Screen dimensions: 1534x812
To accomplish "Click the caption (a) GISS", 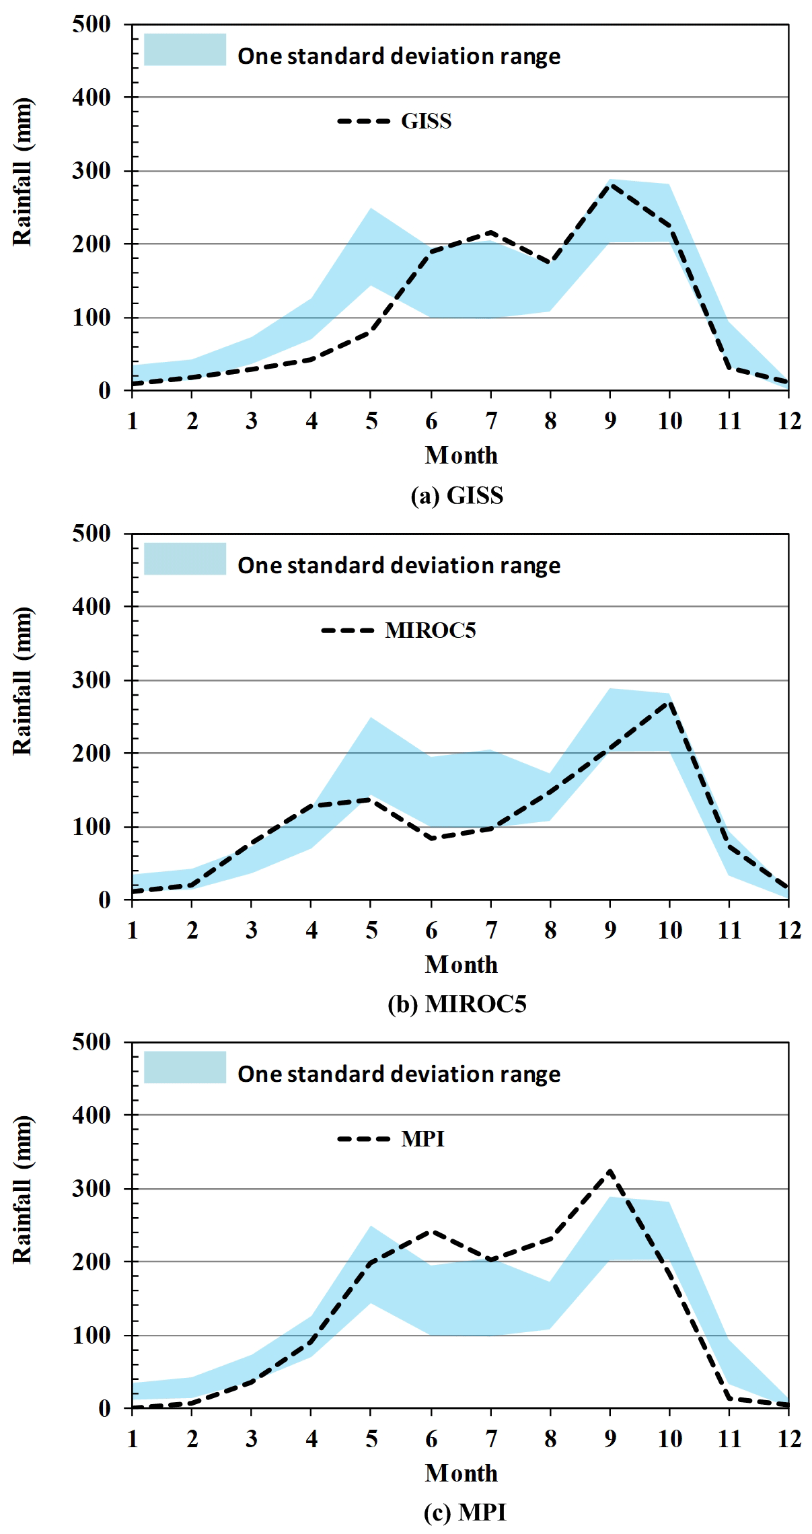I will (x=457, y=496).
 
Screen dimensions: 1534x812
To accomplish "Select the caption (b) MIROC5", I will (x=457, y=1005).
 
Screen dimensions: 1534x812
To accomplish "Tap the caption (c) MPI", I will (x=465, y=1512).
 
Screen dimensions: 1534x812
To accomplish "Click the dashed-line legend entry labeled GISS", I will (x=394, y=121).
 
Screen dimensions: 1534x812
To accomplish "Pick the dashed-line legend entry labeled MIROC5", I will (x=398, y=630).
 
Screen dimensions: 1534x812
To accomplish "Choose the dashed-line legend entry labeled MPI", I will (x=391, y=1139).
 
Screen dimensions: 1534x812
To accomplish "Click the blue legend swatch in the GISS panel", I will (x=185, y=50).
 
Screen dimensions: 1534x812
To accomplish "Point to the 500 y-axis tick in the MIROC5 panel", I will (x=91, y=534).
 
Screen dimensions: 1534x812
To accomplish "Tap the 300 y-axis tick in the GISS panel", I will (x=91, y=171).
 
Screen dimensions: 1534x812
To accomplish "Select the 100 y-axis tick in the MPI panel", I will (x=91, y=1336).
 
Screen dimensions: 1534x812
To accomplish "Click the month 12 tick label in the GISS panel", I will (x=789, y=422).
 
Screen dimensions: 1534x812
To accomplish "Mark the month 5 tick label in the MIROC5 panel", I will (x=371, y=931).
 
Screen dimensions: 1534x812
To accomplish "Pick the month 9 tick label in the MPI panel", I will (x=610, y=1439).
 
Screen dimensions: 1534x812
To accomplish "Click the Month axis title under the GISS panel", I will (x=462, y=456).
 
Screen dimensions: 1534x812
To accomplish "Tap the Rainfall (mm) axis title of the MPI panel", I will (x=23, y=1190).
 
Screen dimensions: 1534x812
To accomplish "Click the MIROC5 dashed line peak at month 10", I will (x=669, y=702).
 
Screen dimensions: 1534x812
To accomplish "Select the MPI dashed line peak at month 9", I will (x=610, y=1171).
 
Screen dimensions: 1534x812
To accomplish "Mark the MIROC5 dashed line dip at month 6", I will (x=431, y=838).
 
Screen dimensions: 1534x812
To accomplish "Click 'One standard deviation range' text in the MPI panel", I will (x=399, y=1074).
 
